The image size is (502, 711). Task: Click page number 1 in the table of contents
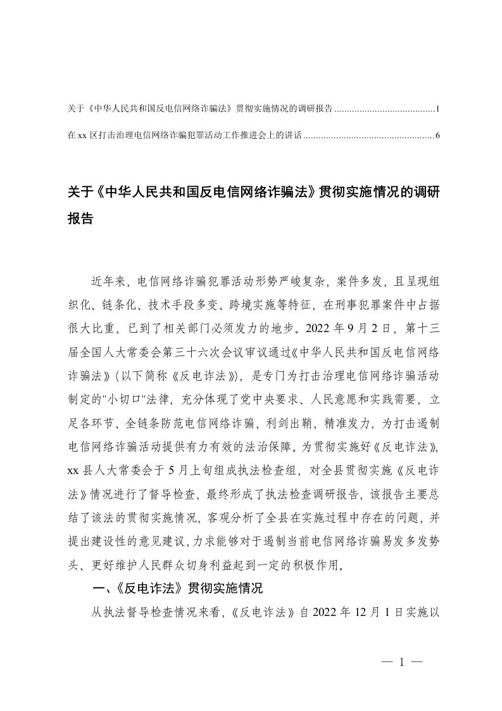coord(437,109)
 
